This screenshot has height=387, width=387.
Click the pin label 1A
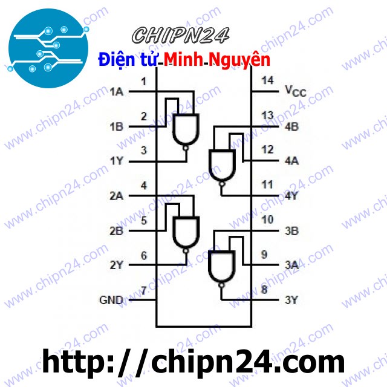pyautogui.click(x=117, y=92)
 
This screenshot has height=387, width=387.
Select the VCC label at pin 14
pyautogui.click(x=296, y=91)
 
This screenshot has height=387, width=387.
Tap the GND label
pyautogui.click(x=111, y=300)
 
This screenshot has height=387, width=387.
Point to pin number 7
pyautogui.click(x=143, y=291)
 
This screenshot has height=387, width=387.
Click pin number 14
pyautogui.click(x=267, y=80)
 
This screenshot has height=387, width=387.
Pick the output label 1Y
pyautogui.click(x=117, y=161)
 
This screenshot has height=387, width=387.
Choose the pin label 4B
pyautogui.click(x=291, y=127)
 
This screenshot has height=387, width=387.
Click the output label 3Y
pyautogui.click(x=291, y=300)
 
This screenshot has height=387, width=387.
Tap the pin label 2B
pyautogui.click(x=117, y=230)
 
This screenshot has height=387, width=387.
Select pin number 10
pyautogui.click(x=267, y=220)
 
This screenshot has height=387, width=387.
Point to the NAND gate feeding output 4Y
pyautogui.click(x=220, y=164)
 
